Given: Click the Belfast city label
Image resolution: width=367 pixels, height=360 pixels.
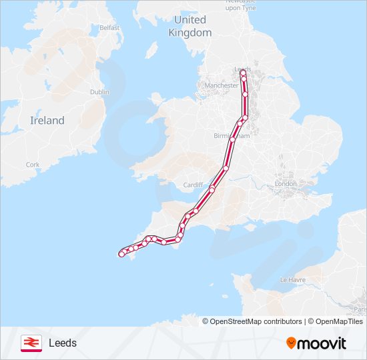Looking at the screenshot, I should (x=109, y=28).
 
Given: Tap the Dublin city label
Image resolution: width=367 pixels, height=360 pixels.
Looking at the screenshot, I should (x=99, y=92).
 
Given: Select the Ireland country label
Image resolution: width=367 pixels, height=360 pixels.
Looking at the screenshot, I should (x=47, y=121).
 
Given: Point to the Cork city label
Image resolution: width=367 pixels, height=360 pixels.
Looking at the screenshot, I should (x=33, y=164).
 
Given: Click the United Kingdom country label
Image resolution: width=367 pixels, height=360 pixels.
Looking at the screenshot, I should (x=190, y=26).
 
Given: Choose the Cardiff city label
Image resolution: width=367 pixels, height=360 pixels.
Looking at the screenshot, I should (x=192, y=185).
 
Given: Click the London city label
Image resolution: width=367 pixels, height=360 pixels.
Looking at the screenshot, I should (x=286, y=183).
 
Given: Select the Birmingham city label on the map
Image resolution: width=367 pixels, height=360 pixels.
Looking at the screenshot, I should (x=231, y=136).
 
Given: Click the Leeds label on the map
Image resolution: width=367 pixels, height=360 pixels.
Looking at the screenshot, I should (x=243, y=69).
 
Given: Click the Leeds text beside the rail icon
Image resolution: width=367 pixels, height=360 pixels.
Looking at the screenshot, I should (x=63, y=343).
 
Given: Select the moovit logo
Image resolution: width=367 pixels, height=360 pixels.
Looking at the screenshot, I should (x=316, y=343).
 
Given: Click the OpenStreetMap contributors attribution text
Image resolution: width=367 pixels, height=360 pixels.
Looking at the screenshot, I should (x=256, y=321).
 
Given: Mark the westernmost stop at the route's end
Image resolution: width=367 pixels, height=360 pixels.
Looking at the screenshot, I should (x=121, y=253).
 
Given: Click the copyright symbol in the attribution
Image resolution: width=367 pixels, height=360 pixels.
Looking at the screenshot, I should (x=206, y=321).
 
